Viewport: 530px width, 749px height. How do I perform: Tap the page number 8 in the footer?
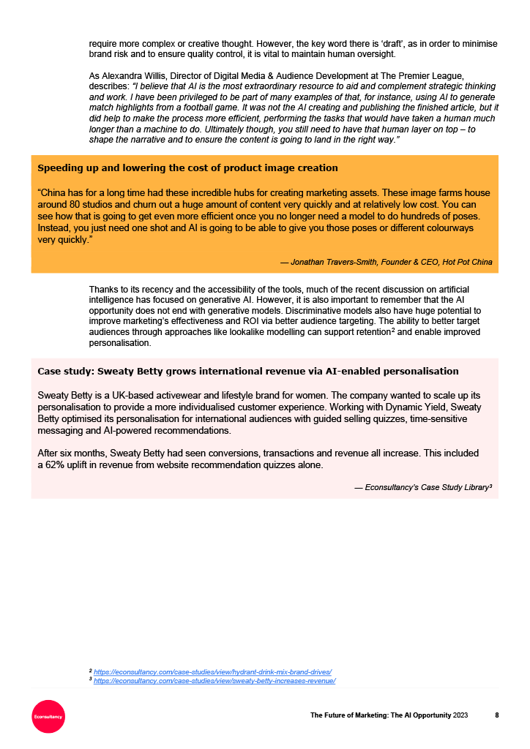coord(497,715)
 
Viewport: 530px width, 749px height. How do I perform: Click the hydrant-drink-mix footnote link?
coord(212,671)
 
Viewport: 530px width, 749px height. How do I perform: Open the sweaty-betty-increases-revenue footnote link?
coord(214,680)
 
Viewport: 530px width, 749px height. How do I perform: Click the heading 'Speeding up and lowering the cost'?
coord(187,168)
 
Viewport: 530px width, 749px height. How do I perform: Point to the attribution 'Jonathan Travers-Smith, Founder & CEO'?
coord(392,262)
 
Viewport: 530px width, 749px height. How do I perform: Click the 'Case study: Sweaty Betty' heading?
coord(247,371)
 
